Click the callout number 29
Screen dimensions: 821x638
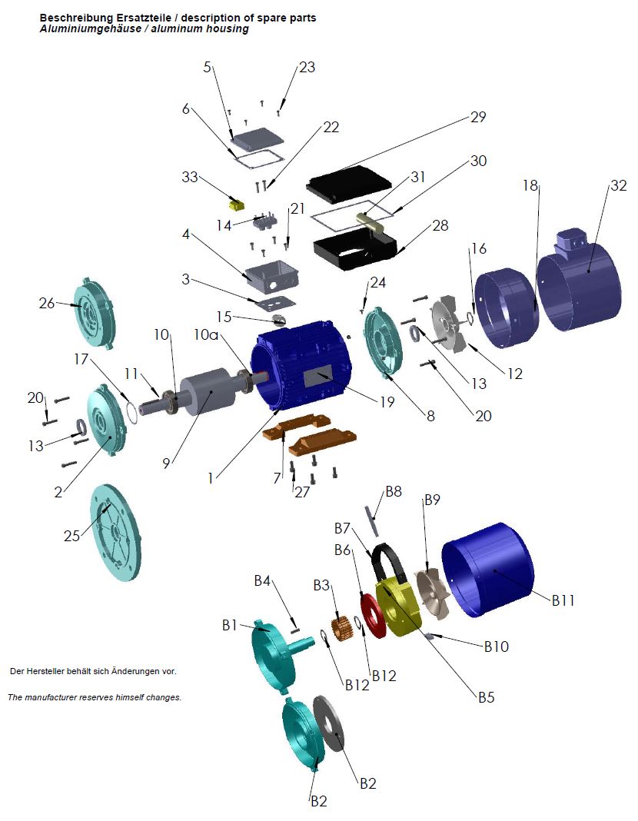pyautogui.click(x=478, y=118)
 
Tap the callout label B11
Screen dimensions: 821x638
pyautogui.click(x=563, y=600)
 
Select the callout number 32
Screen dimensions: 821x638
pyautogui.click(x=618, y=185)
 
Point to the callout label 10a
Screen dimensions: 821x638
pyautogui.click(x=208, y=334)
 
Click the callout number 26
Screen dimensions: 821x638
pyautogui.click(x=46, y=303)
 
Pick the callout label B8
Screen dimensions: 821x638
pyautogui.click(x=394, y=490)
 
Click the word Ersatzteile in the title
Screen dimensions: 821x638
pyautogui.click(x=129, y=18)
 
